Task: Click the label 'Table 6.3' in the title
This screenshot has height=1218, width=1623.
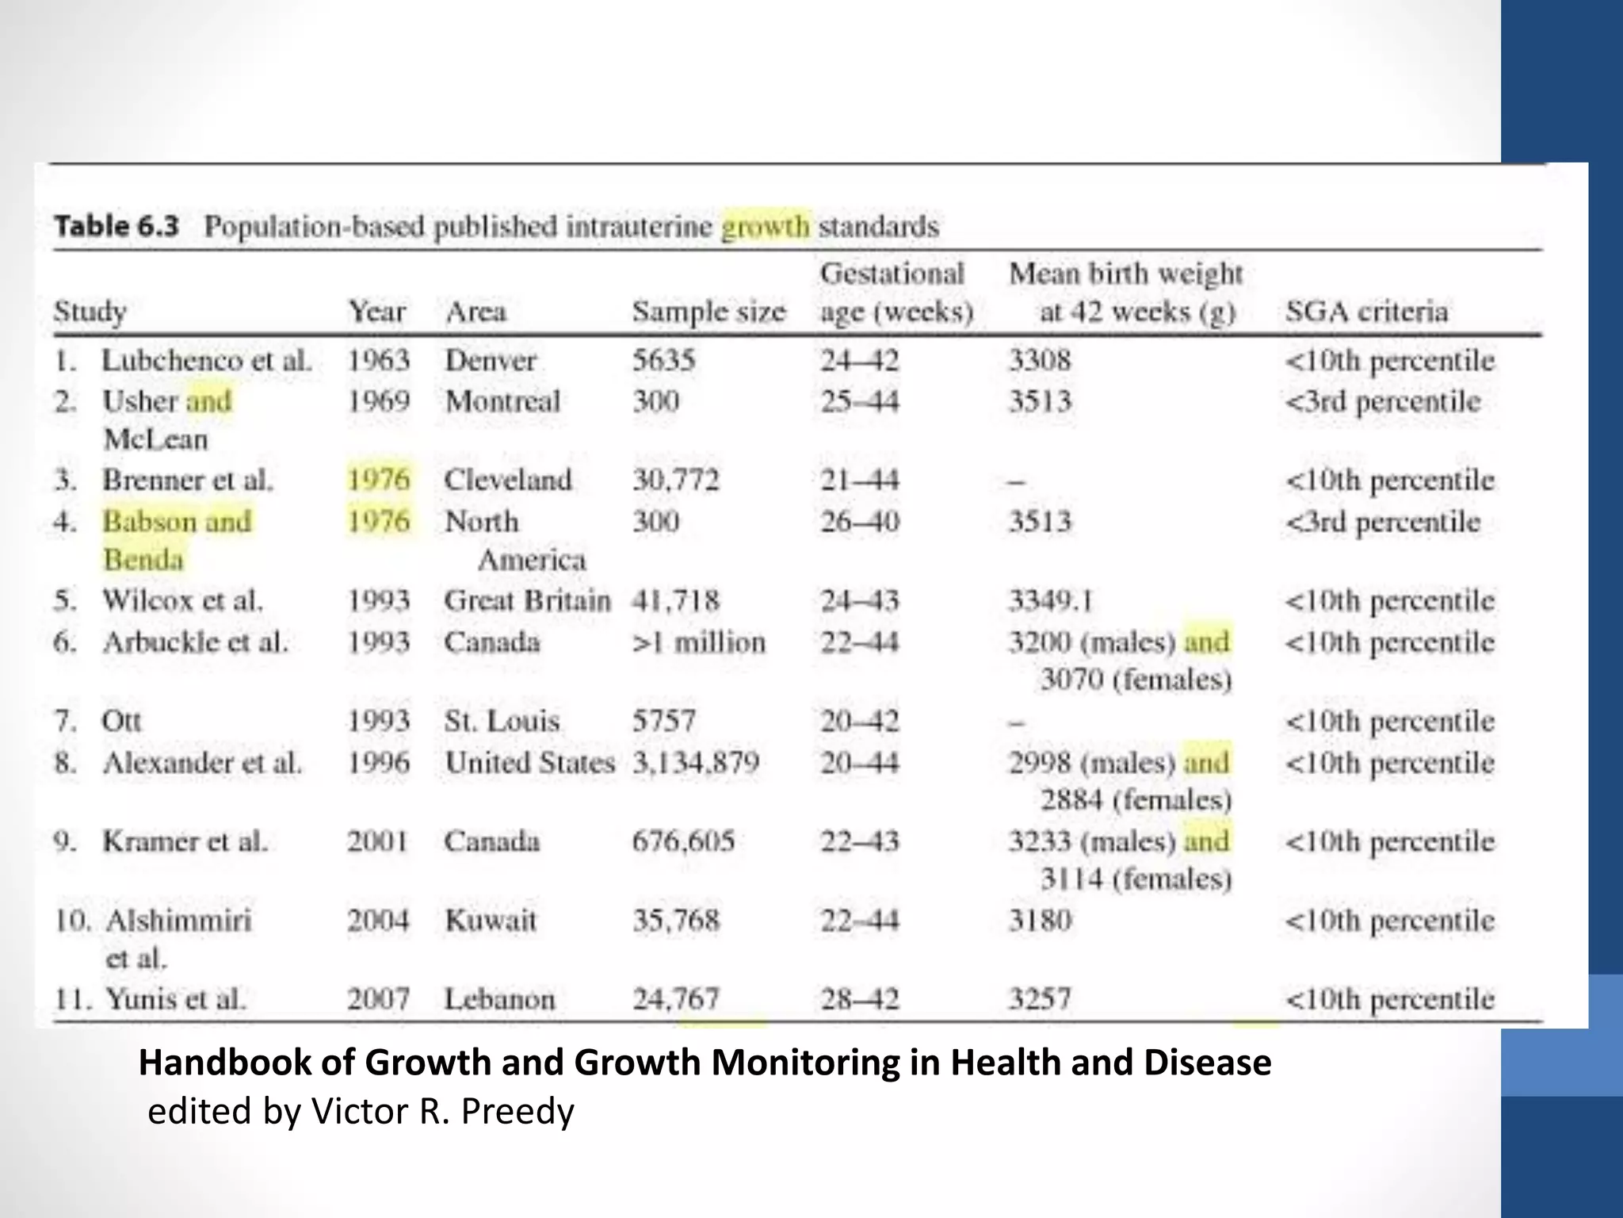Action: pos(116,226)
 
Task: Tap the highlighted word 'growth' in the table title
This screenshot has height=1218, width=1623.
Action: pos(765,227)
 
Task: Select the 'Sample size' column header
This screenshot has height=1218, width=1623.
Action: pos(708,312)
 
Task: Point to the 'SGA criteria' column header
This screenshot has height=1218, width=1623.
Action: pos(1366,312)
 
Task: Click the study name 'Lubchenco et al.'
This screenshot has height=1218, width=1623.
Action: pos(206,361)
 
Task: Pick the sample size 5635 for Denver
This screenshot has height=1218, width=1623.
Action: pos(663,361)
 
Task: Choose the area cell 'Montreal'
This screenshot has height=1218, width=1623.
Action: pos(502,401)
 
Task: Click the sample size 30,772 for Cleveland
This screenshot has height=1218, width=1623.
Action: pos(675,480)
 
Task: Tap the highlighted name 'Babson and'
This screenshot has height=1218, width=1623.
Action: pos(177,522)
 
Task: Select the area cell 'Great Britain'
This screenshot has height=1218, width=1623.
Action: pos(527,601)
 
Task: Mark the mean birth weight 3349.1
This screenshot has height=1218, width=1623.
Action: pos(1051,601)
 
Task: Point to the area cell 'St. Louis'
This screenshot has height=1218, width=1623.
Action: pos(502,722)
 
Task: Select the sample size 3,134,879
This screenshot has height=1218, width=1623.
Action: pos(696,763)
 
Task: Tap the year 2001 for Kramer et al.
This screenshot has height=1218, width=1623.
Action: pos(377,841)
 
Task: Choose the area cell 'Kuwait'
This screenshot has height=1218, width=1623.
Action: pos(491,921)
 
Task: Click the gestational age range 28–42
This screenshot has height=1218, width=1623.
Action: pos(859,998)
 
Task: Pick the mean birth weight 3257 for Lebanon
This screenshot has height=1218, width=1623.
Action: pos(1039,998)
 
